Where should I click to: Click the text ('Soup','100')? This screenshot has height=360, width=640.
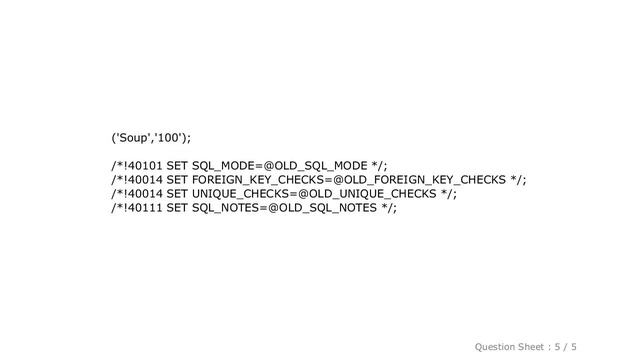146,136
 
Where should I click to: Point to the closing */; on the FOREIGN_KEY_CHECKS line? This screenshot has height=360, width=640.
518,179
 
